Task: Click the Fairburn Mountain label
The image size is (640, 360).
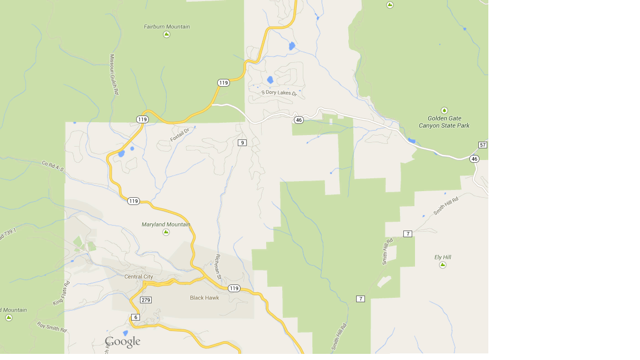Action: click(x=167, y=27)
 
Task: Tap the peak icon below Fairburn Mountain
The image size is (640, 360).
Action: click(x=167, y=34)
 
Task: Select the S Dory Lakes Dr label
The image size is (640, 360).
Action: click(x=279, y=93)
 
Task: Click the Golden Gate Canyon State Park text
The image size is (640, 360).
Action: click(x=444, y=122)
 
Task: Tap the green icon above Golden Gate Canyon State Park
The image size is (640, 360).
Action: click(x=444, y=110)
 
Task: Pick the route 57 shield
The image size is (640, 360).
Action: click(x=482, y=145)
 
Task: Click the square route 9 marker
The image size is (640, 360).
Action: click(x=242, y=143)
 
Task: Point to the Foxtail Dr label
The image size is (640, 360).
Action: click(x=180, y=134)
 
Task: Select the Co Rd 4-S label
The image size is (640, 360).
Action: click(x=53, y=166)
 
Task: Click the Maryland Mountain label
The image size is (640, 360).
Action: click(x=166, y=224)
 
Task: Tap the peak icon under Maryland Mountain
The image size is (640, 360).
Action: click(x=166, y=232)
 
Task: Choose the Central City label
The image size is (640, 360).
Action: click(x=138, y=277)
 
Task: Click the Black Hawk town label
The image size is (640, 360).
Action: click(x=204, y=298)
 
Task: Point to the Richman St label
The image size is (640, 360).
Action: click(x=218, y=266)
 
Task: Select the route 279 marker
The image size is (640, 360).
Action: click(x=146, y=300)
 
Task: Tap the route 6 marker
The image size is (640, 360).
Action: click(x=136, y=317)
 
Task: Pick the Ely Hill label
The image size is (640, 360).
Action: click(x=443, y=257)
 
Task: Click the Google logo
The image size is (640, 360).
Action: click(x=123, y=342)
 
